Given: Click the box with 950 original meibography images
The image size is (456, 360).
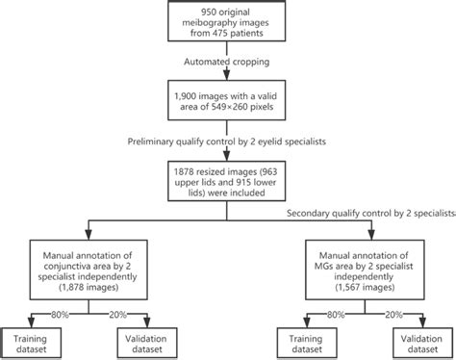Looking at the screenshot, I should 227,22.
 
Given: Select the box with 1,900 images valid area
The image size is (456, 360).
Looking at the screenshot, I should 227,104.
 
